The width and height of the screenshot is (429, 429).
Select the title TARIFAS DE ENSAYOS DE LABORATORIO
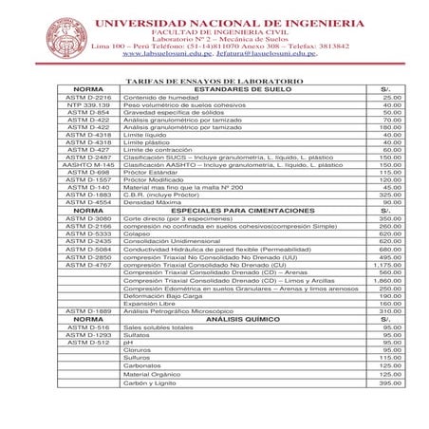pyautogui.click(x=214, y=82)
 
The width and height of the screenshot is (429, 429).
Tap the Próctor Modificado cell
pyautogui.click(x=153, y=179)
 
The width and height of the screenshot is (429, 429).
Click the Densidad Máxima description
pyautogui.click(x=152, y=202)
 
